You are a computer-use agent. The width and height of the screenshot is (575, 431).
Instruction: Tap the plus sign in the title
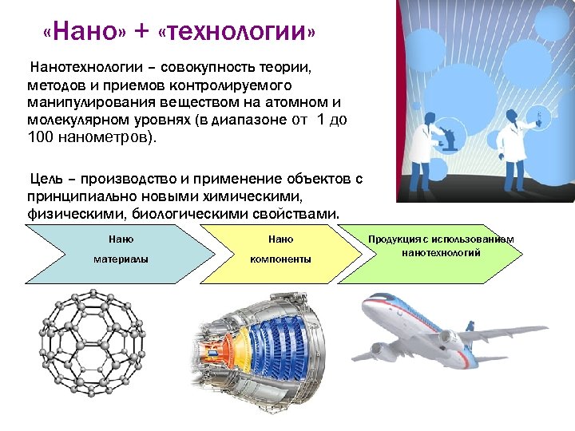142,34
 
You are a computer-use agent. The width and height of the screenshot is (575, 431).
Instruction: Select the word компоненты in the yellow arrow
280,259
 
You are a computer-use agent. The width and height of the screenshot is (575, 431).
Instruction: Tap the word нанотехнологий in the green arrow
441,253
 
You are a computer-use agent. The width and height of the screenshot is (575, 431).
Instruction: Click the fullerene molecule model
93,333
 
